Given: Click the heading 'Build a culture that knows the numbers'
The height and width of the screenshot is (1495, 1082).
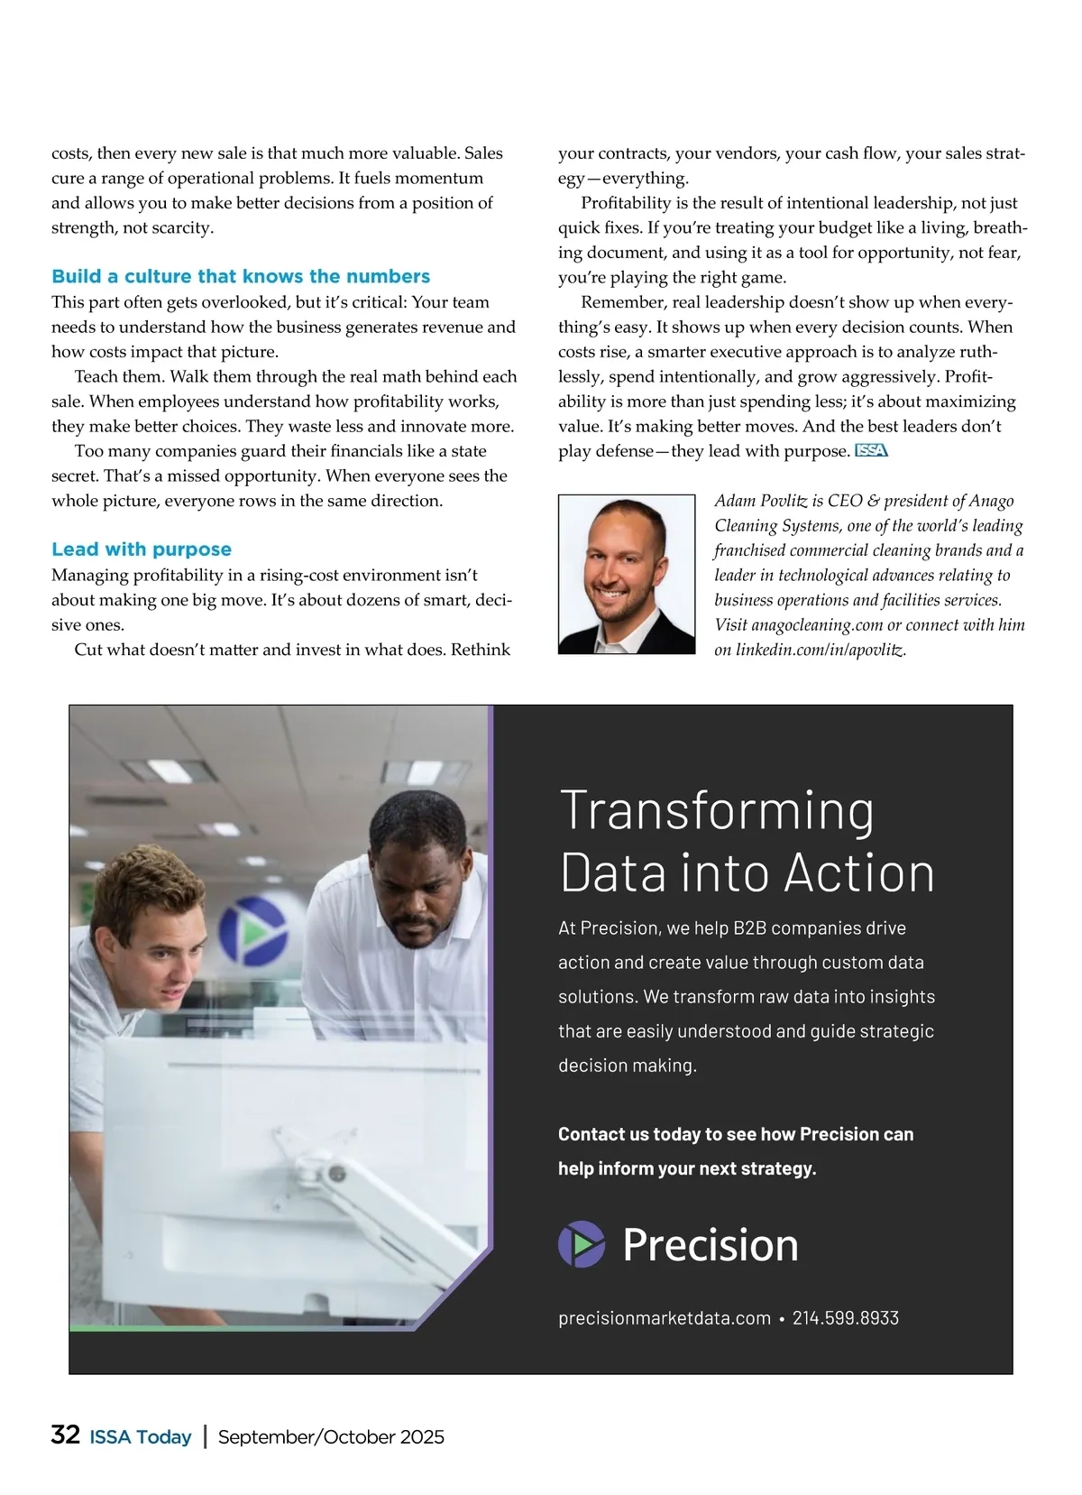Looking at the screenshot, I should tap(241, 276).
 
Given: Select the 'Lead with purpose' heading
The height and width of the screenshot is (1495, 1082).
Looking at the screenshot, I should tap(142, 549).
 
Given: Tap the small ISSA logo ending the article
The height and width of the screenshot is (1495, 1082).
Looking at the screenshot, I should tap(871, 451).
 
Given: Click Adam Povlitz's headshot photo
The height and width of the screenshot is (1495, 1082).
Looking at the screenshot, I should tap(627, 574).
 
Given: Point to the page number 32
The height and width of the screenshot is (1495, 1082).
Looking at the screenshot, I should tap(66, 1435).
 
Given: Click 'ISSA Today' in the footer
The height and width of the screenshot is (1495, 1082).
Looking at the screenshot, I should tap(141, 1437).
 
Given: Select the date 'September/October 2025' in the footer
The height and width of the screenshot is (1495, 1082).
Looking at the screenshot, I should tap(331, 1437).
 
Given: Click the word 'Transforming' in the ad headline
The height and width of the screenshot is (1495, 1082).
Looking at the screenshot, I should tap(717, 810).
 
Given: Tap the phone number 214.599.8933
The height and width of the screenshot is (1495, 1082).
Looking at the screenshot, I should tap(846, 1318).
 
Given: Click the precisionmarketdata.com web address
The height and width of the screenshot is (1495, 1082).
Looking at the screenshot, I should tap(665, 1318).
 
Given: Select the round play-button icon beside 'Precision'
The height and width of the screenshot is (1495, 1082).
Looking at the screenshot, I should tap(582, 1244).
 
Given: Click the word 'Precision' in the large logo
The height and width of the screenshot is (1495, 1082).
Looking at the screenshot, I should tap(711, 1245).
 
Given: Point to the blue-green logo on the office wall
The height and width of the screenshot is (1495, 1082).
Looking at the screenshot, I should tap(253, 930).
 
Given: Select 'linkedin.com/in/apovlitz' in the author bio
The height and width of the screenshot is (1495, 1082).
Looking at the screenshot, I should tap(821, 650).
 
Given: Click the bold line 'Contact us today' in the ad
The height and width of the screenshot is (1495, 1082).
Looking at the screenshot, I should tap(735, 1134).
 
